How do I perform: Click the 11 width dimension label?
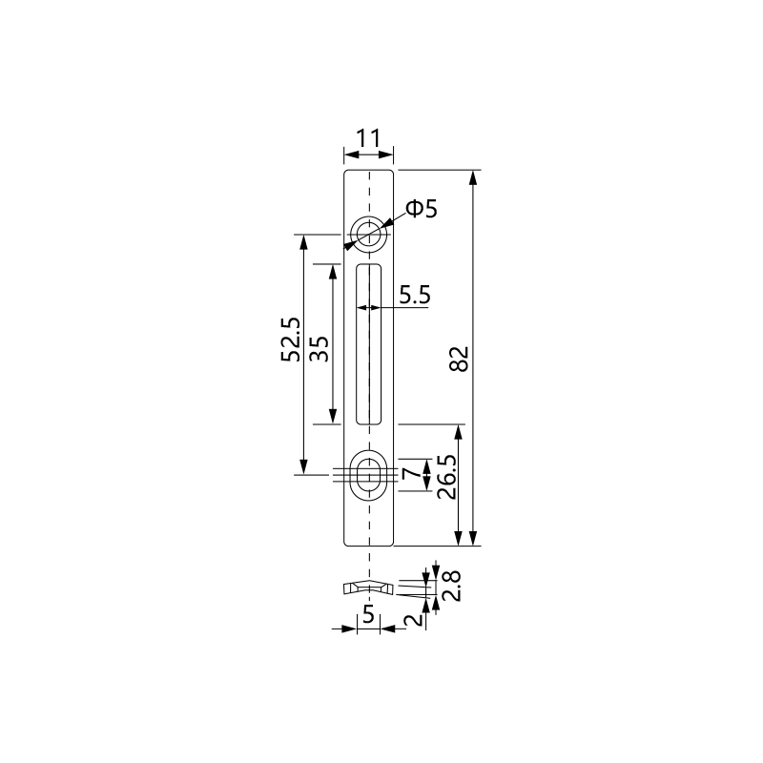click(x=368, y=138)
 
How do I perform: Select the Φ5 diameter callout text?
click(x=422, y=209)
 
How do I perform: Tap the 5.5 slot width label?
click(x=415, y=295)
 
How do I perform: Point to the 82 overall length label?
click(x=459, y=359)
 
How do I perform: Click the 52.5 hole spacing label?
click(x=291, y=340)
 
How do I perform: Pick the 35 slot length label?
click(x=320, y=348)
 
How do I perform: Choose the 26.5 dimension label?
click(x=446, y=477)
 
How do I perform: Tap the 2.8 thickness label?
click(x=452, y=586)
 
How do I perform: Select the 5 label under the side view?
click(x=368, y=614)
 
